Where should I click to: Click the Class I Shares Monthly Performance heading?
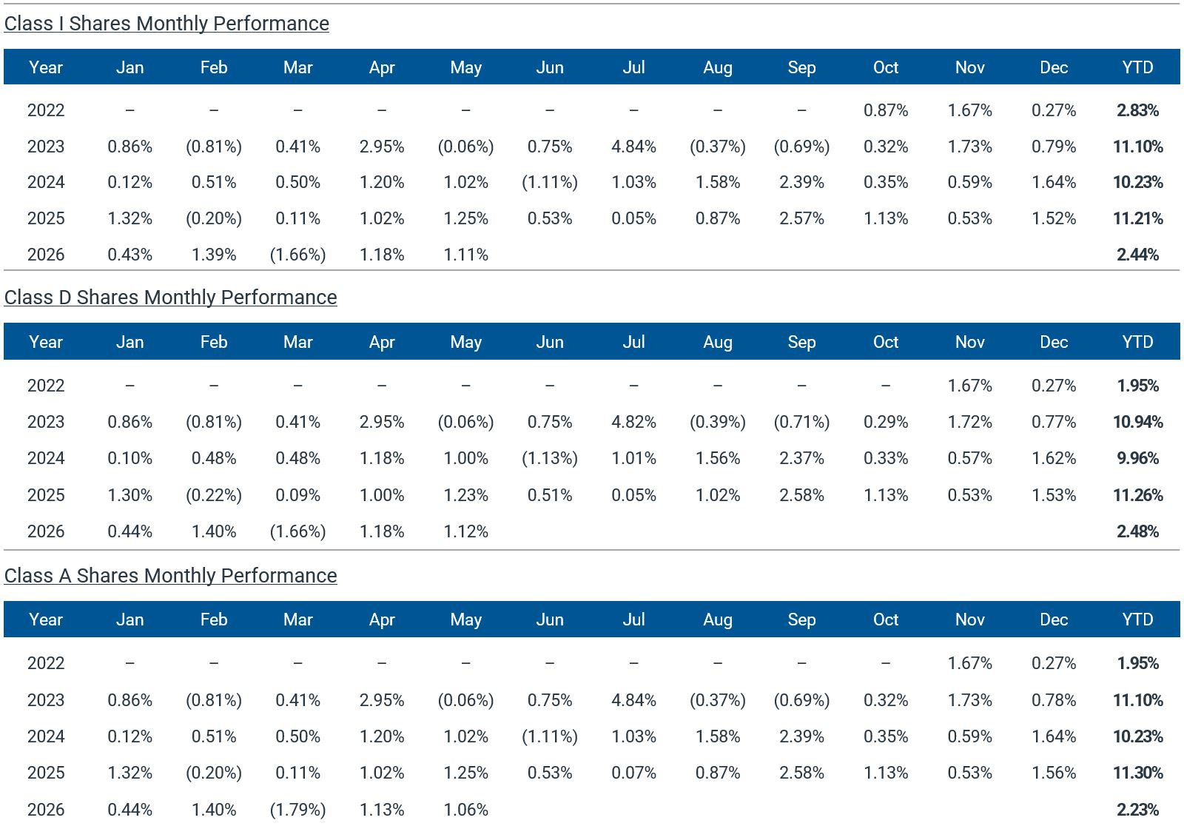point(166,24)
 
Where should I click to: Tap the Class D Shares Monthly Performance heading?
point(171,298)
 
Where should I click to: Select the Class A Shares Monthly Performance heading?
point(171,576)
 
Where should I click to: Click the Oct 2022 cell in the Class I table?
point(886,110)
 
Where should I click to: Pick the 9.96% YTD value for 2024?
point(1137,458)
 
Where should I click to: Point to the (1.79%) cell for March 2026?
point(298,810)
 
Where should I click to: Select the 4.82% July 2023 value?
point(633,422)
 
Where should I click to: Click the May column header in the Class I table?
point(465,67)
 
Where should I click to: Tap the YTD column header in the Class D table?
point(1137,342)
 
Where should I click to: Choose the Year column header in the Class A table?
point(46,619)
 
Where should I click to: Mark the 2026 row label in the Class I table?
point(46,255)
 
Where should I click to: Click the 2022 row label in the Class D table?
point(46,386)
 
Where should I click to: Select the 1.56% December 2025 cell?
point(1054,773)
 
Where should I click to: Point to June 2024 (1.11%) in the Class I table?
point(550,182)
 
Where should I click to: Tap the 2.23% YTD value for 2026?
point(1137,810)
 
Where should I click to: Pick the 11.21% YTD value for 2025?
point(1137,218)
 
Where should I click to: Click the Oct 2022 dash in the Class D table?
point(886,386)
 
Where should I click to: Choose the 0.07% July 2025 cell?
point(633,773)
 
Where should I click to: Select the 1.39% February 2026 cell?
point(214,255)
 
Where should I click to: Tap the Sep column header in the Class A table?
point(802,619)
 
